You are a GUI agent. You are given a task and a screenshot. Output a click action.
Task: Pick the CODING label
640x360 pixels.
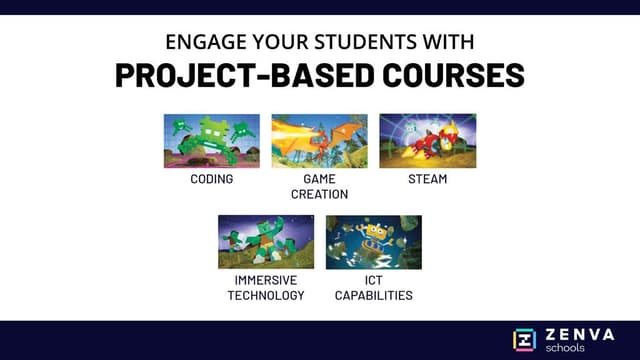(x=211, y=180)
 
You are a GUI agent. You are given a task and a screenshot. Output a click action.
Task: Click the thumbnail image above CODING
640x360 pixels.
(x=211, y=141)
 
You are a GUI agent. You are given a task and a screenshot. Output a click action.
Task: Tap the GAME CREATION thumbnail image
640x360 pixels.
(x=319, y=141)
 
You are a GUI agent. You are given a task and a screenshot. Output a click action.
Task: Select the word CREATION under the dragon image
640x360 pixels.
(x=320, y=194)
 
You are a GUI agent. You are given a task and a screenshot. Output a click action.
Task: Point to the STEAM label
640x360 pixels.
(x=427, y=180)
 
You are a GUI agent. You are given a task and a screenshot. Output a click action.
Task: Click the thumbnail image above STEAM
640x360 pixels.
(x=427, y=141)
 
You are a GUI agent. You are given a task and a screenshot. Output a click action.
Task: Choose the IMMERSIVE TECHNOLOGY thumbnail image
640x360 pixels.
(x=266, y=242)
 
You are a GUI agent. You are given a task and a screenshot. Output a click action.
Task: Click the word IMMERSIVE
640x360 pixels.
(x=266, y=281)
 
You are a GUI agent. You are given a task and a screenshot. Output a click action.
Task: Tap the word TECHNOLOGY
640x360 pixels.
(x=266, y=295)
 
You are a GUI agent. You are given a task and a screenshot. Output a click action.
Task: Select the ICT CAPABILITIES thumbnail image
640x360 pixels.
(x=373, y=242)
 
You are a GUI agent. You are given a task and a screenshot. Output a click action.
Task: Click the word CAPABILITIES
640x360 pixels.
(x=373, y=295)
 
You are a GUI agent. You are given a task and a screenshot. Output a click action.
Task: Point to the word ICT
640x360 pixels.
(x=373, y=281)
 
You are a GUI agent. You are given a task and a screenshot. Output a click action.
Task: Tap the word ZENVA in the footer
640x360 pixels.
(x=581, y=333)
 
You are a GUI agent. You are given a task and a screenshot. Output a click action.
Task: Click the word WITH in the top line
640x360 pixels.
(x=448, y=43)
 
